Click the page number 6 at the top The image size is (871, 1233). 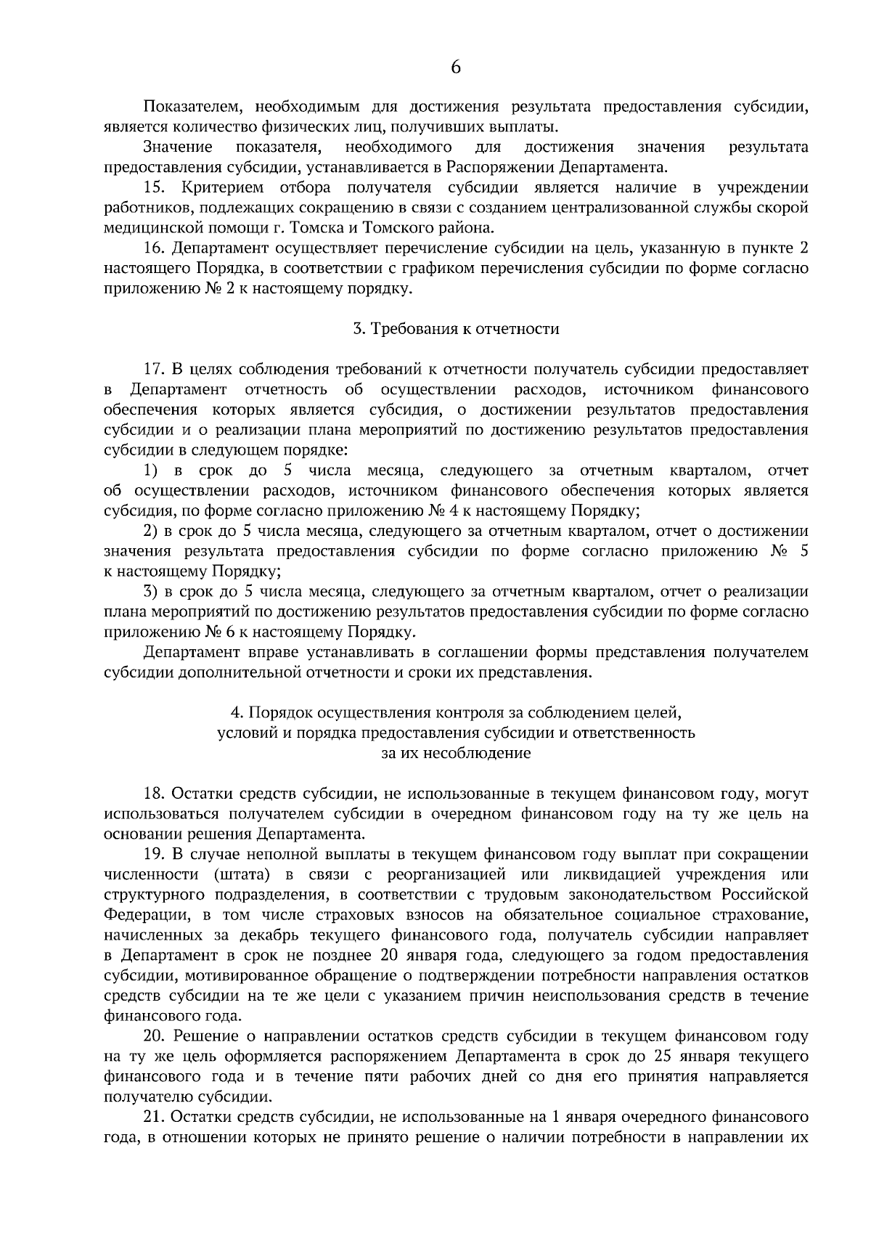[x=456, y=68]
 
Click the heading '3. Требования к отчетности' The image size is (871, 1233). [x=456, y=329]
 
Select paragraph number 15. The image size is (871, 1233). [x=155, y=188]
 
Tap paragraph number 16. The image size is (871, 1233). [x=155, y=249]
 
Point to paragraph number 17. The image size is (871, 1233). [x=155, y=370]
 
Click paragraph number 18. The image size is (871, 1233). [x=155, y=794]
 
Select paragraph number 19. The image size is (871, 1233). [x=155, y=855]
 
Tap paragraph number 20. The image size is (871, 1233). [x=155, y=1036]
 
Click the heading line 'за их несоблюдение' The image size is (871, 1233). [x=456, y=753]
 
